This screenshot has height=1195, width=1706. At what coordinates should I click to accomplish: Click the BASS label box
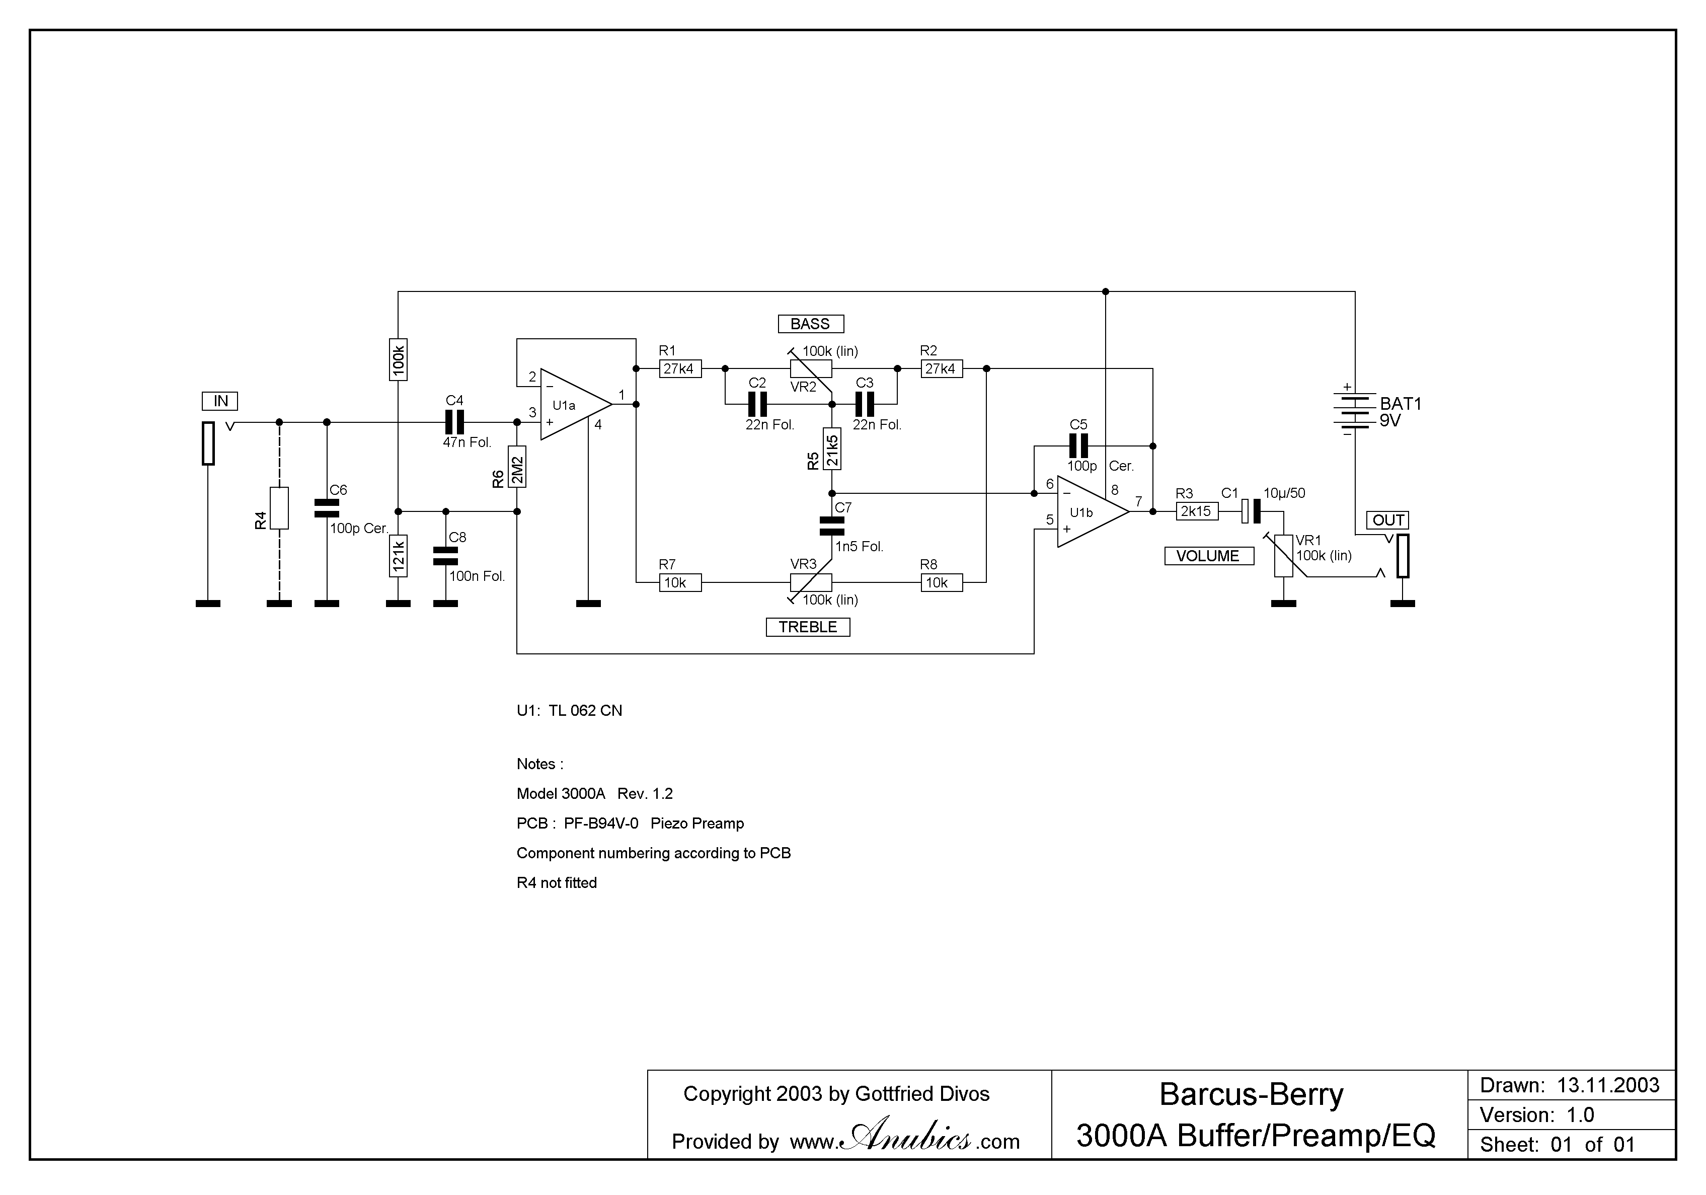pyautogui.click(x=810, y=324)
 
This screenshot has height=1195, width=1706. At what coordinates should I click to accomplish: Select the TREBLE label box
pyautogui.click(x=808, y=627)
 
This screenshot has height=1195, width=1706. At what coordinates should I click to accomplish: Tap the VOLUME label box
pyautogui.click(x=1208, y=556)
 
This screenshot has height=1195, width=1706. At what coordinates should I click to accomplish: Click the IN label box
pyautogui.click(x=220, y=401)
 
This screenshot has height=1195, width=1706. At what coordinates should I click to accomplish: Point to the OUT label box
pyautogui.click(x=1388, y=520)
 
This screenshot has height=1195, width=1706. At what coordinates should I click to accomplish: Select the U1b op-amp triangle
pyautogui.click(x=1088, y=512)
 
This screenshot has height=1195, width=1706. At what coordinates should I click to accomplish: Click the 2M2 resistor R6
pyautogui.click(x=517, y=467)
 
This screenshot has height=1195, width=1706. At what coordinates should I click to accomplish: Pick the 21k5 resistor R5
pyautogui.click(x=832, y=449)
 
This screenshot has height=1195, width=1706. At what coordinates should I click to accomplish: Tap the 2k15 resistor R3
pyautogui.click(x=1196, y=511)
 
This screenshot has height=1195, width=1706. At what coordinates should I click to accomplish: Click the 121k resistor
pyautogui.click(x=398, y=556)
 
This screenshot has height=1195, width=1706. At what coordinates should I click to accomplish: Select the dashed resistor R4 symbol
pyautogui.click(x=279, y=508)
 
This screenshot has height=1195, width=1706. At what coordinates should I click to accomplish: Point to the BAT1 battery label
pyautogui.click(x=1401, y=404)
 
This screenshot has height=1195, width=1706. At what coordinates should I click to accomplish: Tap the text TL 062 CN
pyautogui.click(x=585, y=710)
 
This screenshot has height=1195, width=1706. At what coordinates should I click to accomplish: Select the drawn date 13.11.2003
pyautogui.click(x=1608, y=1086)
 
